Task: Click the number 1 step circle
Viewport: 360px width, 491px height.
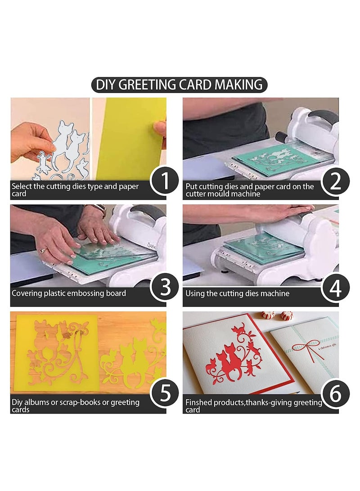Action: coord(164,181)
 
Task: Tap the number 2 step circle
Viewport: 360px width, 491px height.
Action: coord(335,181)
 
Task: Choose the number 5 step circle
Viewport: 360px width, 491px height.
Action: coord(164,393)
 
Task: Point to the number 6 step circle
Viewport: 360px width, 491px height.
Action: coord(335,393)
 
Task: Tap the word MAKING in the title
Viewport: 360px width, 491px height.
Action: coord(239,85)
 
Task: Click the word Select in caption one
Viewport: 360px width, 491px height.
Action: coord(22,186)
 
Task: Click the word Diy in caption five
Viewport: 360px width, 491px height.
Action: coord(17,402)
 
